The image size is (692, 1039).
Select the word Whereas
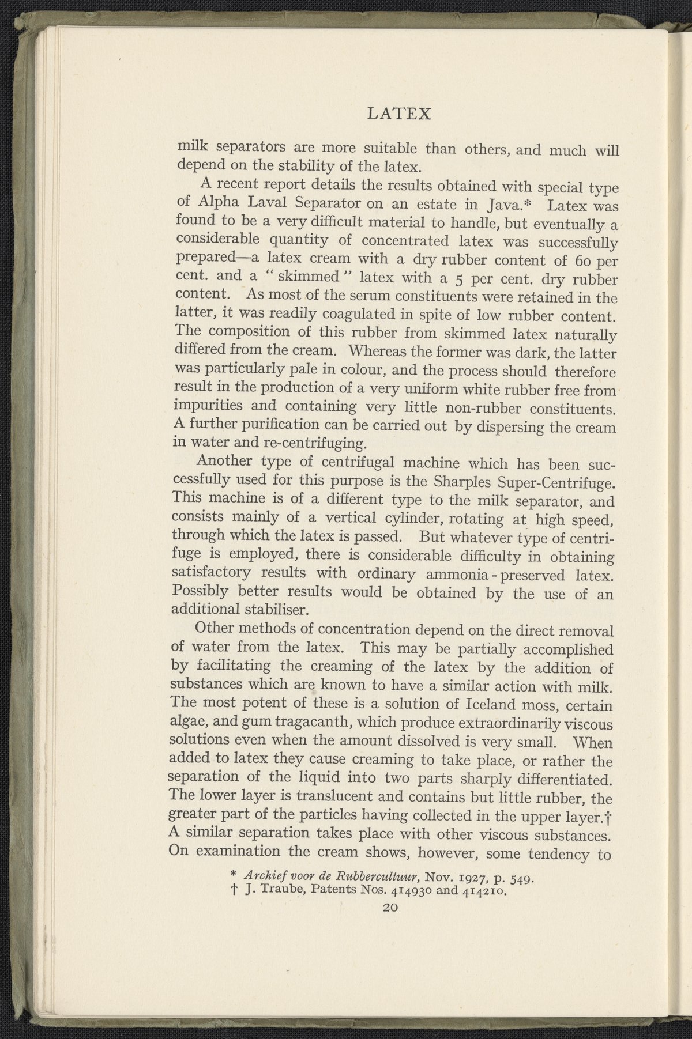click(x=380, y=351)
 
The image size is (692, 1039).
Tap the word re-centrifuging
click(x=313, y=444)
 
